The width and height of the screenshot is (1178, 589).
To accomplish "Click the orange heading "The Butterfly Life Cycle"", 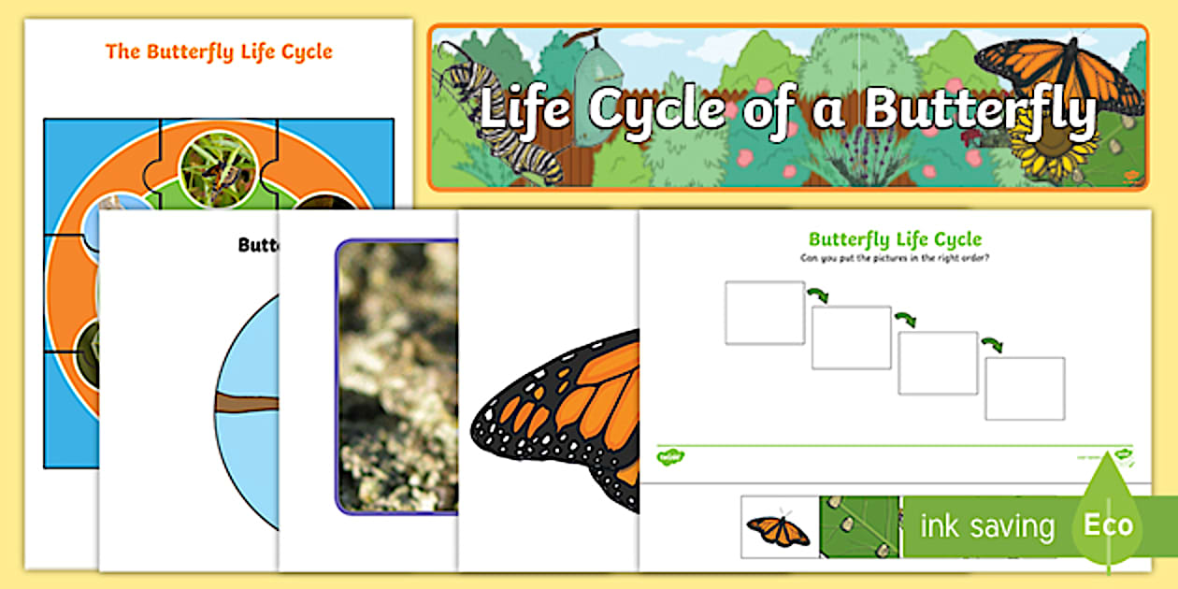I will tap(219, 51).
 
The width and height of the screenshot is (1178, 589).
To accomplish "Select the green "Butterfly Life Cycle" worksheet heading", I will tap(895, 239).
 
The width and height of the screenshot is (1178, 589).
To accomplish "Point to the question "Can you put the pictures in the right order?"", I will tap(895, 257).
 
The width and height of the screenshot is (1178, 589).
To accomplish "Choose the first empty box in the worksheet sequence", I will tap(764, 312).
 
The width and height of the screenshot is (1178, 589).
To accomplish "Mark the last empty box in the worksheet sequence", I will tap(1025, 388).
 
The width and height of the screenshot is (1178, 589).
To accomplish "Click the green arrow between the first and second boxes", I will tap(819, 295).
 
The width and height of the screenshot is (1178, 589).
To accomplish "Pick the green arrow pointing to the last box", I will tap(992, 344).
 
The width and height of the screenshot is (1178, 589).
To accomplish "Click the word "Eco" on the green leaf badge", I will tap(1108, 524).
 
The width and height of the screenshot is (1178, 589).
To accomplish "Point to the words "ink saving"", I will tap(986, 526).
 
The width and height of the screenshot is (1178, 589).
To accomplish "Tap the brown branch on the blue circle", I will tap(248, 403).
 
